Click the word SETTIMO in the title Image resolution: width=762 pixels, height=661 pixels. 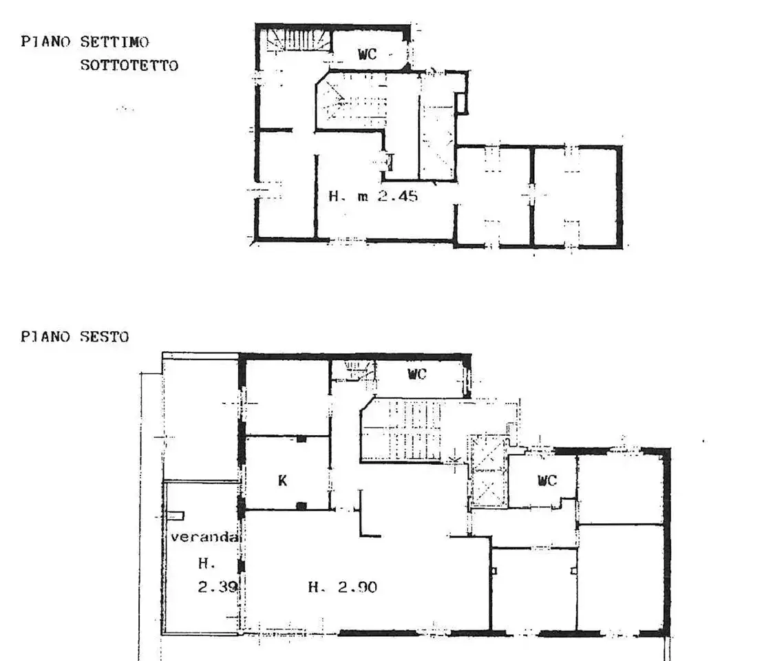click(x=115, y=42)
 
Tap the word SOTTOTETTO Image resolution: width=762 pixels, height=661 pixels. click(x=129, y=65)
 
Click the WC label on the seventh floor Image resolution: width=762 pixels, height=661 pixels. click(x=368, y=54)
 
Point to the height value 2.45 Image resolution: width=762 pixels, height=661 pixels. click(x=398, y=196)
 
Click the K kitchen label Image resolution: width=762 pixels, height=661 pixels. click(x=282, y=481)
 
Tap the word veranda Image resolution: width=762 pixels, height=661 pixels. click(x=204, y=537)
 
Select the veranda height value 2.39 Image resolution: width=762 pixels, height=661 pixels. click(x=218, y=587)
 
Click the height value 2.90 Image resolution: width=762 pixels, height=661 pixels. click(x=358, y=587)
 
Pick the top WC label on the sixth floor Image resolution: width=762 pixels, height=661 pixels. click(x=417, y=374)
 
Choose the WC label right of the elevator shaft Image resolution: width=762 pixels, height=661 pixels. click(x=547, y=480)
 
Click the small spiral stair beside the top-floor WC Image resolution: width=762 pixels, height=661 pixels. click(x=298, y=40)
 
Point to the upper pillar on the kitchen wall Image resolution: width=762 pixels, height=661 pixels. click(x=301, y=439)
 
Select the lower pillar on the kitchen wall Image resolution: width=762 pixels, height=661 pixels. click(x=301, y=506)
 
